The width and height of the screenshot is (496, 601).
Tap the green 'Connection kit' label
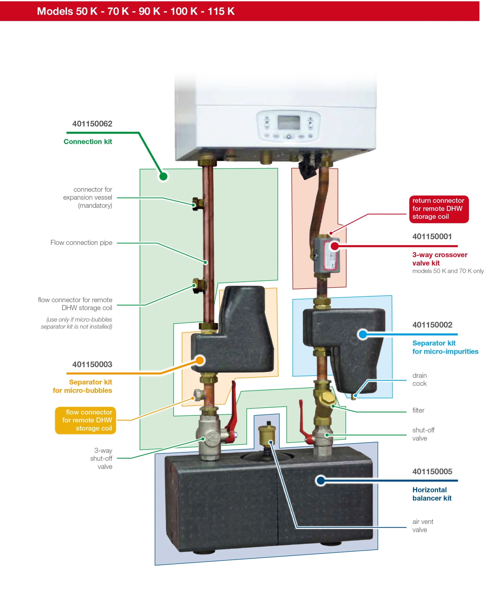(88, 142)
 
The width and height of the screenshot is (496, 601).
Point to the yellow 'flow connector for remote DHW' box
(85, 420)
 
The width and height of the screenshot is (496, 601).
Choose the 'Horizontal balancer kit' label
(432, 494)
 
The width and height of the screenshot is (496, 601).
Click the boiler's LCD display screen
(289, 123)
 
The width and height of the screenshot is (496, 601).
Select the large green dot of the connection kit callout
(163, 177)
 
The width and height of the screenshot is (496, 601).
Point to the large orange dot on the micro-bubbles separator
(200, 360)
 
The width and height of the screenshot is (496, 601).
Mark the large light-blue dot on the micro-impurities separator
(363, 334)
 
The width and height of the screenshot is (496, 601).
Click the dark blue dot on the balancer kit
(321, 481)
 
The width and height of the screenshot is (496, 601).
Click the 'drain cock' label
(419, 379)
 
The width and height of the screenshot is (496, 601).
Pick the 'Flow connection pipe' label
(81, 243)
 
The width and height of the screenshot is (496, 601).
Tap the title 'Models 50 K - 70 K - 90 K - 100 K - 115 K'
(136, 11)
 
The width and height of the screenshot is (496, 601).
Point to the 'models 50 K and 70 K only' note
(448, 271)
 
